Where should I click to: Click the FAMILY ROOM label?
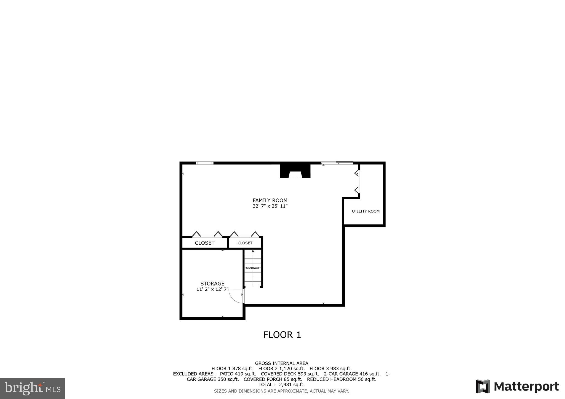270,200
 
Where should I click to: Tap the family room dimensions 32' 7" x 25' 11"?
270,206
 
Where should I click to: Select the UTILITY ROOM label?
366,211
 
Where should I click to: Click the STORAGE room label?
212,284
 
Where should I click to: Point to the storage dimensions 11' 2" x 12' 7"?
212,289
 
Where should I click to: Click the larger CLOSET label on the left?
204,243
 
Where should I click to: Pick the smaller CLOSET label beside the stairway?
245,243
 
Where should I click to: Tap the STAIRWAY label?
253,268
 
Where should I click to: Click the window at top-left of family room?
204,163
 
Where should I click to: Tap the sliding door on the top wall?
337,163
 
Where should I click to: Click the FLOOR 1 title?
282,335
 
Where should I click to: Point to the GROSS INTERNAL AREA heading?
281,363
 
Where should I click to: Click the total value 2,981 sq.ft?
292,385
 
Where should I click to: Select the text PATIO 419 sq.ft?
238,374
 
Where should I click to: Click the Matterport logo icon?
483,386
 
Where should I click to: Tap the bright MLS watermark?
32,389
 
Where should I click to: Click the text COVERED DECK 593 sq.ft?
290,374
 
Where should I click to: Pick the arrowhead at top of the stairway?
253,251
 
